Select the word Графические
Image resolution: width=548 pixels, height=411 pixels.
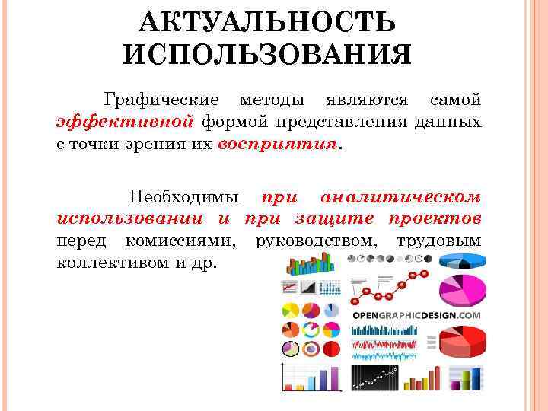pos(162,100)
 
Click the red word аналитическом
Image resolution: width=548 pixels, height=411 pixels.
pos(400,196)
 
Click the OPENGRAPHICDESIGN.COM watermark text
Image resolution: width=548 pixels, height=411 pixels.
pos(416,315)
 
